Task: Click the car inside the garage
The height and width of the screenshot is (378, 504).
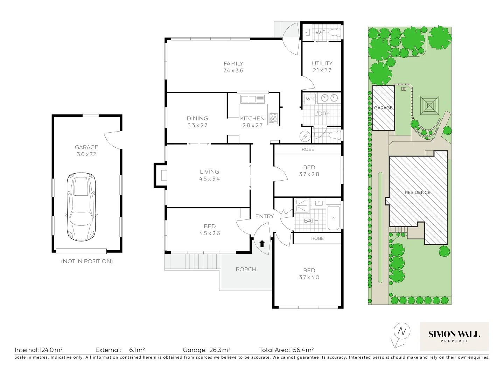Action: click(81, 206)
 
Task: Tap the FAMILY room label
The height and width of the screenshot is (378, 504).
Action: click(233, 64)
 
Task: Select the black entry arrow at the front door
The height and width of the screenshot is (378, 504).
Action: click(262, 244)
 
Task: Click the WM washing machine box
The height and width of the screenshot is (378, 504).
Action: click(310, 99)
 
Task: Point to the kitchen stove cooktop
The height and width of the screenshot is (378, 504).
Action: click(273, 118)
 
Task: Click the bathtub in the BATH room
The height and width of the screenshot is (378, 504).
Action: click(333, 218)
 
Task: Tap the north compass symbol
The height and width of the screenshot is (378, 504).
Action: click(401, 331)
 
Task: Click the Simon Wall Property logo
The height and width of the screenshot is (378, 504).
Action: click(454, 336)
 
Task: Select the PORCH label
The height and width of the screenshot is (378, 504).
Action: click(246, 269)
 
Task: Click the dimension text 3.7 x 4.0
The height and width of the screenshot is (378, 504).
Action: click(309, 277)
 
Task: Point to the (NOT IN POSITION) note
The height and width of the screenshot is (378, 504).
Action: click(87, 261)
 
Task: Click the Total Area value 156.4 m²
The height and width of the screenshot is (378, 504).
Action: click(302, 350)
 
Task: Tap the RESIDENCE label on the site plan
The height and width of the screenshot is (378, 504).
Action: click(418, 192)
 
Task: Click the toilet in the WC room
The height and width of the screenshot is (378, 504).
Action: click(335, 33)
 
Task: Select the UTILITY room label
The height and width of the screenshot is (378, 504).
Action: click(322, 63)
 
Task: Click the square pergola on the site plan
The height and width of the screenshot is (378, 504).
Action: click(429, 105)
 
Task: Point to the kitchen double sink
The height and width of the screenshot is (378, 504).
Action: click(248, 99)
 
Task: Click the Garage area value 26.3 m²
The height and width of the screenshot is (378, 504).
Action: click(220, 350)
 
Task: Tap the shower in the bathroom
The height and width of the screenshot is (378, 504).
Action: click(301, 206)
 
